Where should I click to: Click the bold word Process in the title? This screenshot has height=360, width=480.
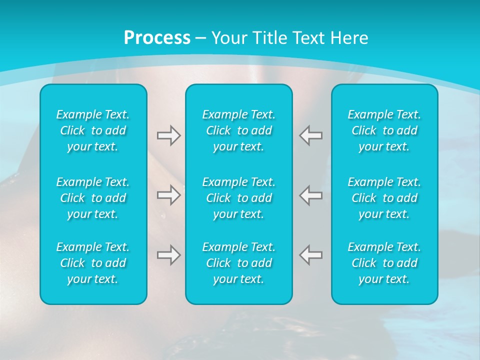pyautogui.click(x=157, y=38)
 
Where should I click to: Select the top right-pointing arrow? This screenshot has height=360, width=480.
pyautogui.click(x=168, y=135)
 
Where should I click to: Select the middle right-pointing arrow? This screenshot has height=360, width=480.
pyautogui.click(x=168, y=195)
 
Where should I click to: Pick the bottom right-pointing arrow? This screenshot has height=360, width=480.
pyautogui.click(x=168, y=255)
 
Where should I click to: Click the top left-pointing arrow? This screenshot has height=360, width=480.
pyautogui.click(x=311, y=135)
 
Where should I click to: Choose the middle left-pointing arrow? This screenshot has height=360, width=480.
pyautogui.click(x=311, y=195)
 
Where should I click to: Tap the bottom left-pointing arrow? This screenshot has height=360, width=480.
pyautogui.click(x=311, y=255)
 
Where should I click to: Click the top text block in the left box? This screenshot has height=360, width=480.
pyautogui.click(x=93, y=130)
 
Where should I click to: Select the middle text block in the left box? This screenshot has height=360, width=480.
pyautogui.click(x=93, y=198)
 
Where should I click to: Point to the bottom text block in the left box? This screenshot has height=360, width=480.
pyautogui.click(x=93, y=263)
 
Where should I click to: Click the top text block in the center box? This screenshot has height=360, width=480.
pyautogui.click(x=239, y=130)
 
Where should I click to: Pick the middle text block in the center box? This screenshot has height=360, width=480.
pyautogui.click(x=239, y=198)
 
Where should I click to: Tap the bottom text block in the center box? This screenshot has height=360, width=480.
pyautogui.click(x=239, y=263)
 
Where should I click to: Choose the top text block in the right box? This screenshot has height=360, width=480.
pyautogui.click(x=384, y=130)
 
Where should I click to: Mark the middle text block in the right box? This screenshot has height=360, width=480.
pyautogui.click(x=384, y=198)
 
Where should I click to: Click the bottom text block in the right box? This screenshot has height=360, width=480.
pyautogui.click(x=384, y=263)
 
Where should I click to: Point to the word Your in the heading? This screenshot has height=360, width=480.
pyautogui.click(x=228, y=38)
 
